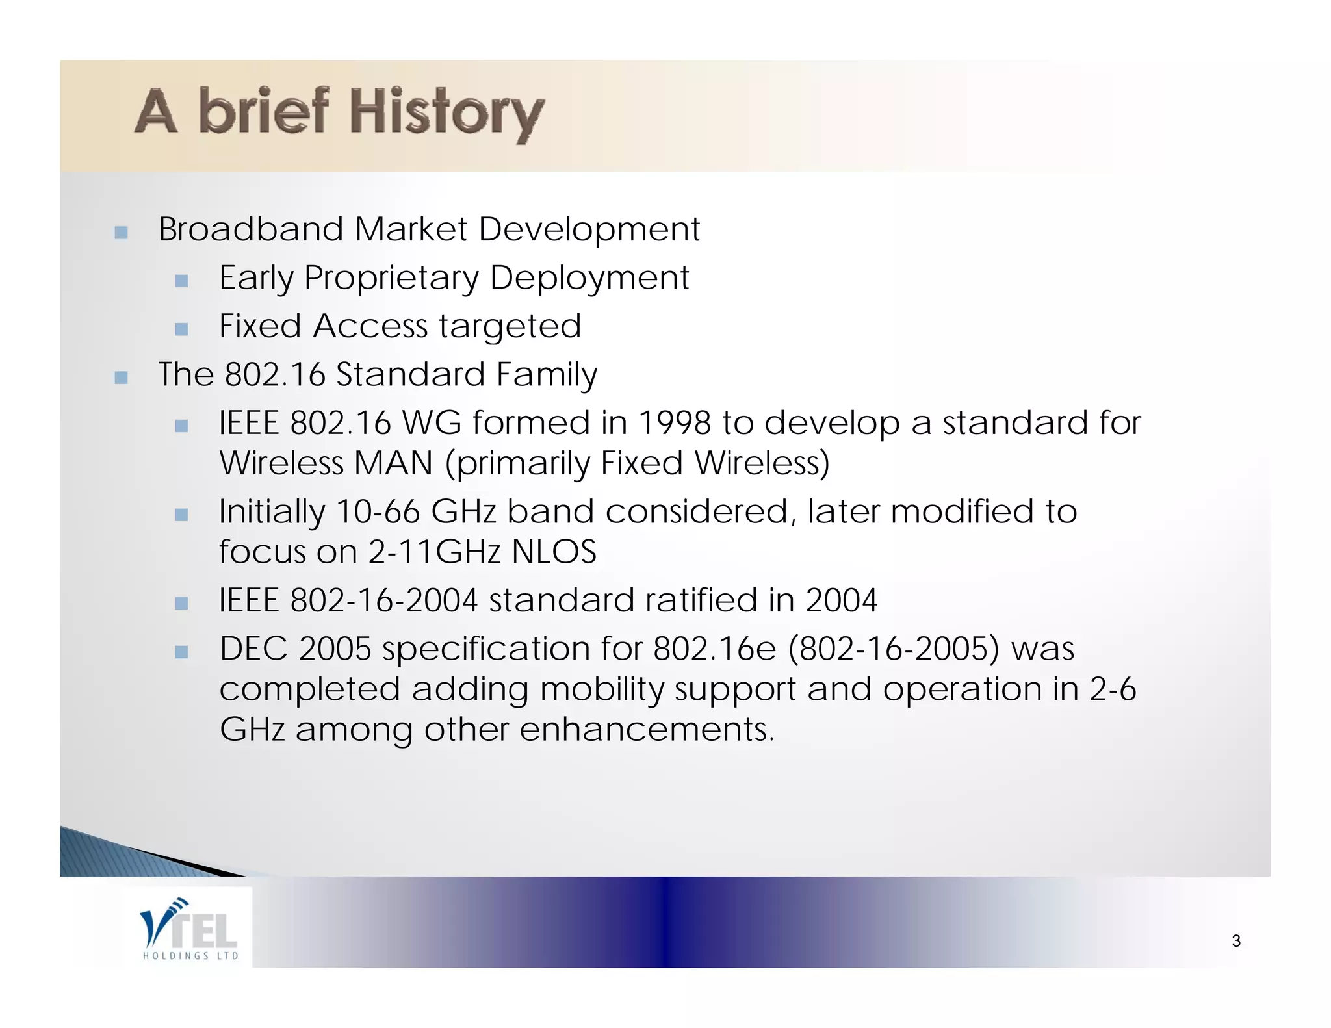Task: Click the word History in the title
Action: (x=446, y=113)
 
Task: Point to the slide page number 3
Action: (x=1235, y=941)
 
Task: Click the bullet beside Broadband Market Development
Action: (x=121, y=232)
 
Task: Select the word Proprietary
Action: (x=391, y=279)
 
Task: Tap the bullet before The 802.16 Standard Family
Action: (x=121, y=378)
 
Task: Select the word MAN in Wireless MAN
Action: (x=393, y=463)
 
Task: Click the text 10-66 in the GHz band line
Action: (x=378, y=511)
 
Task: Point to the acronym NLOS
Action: (x=554, y=552)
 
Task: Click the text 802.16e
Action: (x=714, y=649)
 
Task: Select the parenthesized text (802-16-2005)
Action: (x=894, y=649)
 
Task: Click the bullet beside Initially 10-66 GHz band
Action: (x=181, y=515)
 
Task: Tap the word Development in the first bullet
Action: (x=589, y=229)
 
